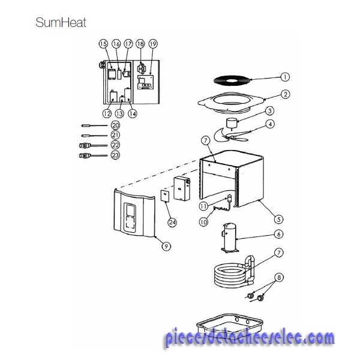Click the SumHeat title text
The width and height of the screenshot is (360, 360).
[61, 23]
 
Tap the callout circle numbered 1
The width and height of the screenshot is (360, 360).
[285, 77]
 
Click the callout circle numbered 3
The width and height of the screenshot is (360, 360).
[270, 111]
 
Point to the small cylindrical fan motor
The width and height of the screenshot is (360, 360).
[232, 123]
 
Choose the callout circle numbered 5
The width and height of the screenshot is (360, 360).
[279, 219]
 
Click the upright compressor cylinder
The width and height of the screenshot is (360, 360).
[230, 238]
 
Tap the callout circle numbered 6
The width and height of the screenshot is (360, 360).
[279, 234]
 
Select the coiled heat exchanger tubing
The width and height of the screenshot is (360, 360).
[234, 272]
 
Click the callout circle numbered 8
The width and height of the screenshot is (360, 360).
[279, 278]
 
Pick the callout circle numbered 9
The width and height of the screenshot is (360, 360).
[166, 247]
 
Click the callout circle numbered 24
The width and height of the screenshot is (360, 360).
[172, 222]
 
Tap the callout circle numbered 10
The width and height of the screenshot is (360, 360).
[203, 222]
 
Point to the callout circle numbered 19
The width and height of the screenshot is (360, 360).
[153, 44]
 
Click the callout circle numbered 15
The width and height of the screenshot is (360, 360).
[104, 44]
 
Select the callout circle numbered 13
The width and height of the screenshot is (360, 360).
[119, 113]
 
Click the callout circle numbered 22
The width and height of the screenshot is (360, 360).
[115, 145]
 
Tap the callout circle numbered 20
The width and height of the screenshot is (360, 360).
[115, 125]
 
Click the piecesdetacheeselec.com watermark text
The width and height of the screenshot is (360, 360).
[250, 337]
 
